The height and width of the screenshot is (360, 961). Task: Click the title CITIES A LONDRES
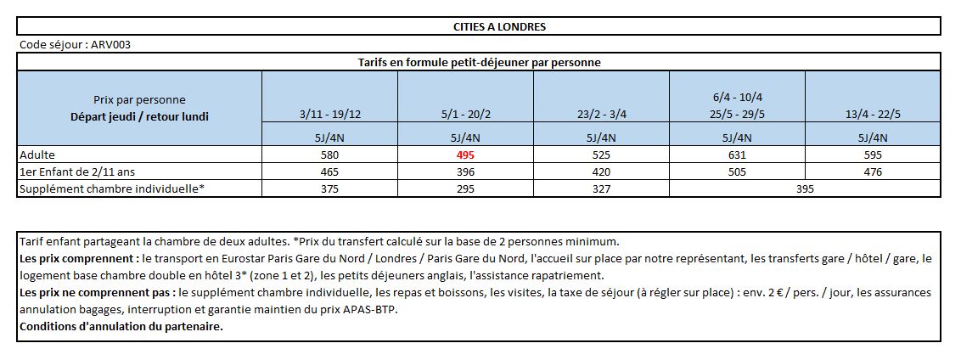pyautogui.click(x=499, y=27)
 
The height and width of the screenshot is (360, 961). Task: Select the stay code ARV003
pyautogui.click(x=111, y=45)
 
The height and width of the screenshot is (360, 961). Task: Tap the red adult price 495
pyautogui.click(x=465, y=155)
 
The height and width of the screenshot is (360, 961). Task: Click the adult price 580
pyautogui.click(x=329, y=155)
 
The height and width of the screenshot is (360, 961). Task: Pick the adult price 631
pyautogui.click(x=737, y=155)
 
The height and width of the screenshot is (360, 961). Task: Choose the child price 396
pyautogui.click(x=465, y=172)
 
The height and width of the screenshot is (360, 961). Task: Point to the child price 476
pyautogui.click(x=873, y=172)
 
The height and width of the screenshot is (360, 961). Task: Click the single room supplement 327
pyautogui.click(x=601, y=188)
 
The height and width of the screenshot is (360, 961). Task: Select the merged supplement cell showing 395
pyautogui.click(x=805, y=188)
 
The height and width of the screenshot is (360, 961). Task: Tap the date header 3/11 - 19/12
pyautogui.click(x=329, y=115)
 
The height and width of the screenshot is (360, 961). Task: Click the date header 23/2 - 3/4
pyautogui.click(x=601, y=115)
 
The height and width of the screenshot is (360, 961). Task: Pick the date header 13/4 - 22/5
pyautogui.click(x=873, y=115)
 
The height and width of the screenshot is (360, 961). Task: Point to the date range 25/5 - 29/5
pyautogui.click(x=737, y=115)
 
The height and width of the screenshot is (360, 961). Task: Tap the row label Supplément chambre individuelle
pyautogui.click(x=111, y=188)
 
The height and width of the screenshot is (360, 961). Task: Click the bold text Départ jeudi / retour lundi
pyautogui.click(x=139, y=116)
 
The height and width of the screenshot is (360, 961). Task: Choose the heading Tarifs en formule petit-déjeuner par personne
pyautogui.click(x=479, y=62)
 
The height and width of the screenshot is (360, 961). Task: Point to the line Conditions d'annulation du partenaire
pyautogui.click(x=121, y=326)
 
